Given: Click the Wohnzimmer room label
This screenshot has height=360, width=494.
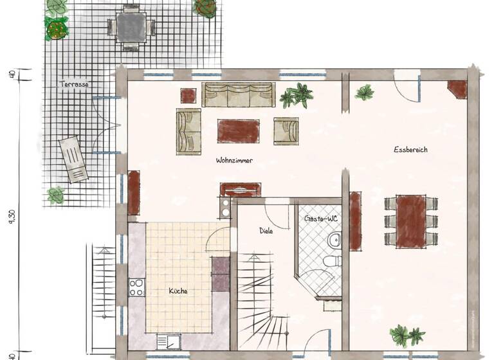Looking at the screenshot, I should click(234, 161).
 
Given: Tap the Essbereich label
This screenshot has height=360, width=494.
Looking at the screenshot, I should click(411, 150).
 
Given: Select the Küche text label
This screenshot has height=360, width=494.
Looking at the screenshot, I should click(178, 291).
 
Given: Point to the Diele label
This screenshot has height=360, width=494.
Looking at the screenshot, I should click(266, 230).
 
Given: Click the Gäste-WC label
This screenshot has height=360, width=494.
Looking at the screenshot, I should click(321, 219).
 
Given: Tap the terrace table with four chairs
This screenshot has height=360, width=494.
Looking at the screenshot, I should click(131, 26).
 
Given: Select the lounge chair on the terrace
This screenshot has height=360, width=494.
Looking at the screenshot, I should click(73, 159).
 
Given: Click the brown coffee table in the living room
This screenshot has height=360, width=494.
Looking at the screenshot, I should click(238, 130).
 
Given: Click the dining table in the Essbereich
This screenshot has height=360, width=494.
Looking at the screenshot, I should click(411, 221).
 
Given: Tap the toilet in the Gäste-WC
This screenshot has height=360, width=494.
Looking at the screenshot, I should click(329, 261).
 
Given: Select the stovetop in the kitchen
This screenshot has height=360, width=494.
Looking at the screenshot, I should click(137, 288).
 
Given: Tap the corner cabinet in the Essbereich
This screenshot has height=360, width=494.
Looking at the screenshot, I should click(457, 89).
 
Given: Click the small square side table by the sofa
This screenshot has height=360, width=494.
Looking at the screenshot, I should click(188, 96).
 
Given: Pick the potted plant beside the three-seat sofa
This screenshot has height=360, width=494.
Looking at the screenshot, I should click(297, 96).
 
